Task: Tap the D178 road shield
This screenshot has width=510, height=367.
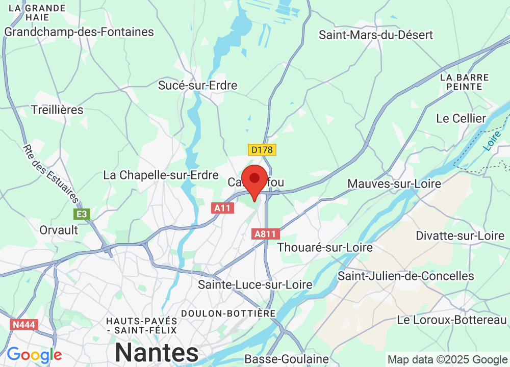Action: tap(262, 150)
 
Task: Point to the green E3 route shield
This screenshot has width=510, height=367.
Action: tap(82, 214)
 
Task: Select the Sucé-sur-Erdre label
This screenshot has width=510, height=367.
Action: tap(198, 85)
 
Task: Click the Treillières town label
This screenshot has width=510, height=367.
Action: tap(57, 110)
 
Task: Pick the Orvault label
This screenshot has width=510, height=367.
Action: tap(59, 230)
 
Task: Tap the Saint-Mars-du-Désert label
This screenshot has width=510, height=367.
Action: tap(376, 35)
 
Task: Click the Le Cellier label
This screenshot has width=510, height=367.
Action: tap(461, 118)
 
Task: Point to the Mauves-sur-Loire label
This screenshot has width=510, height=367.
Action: tap(394, 183)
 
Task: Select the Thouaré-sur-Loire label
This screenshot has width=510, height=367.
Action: tap(325, 247)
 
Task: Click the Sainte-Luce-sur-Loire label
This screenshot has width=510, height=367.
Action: tap(255, 284)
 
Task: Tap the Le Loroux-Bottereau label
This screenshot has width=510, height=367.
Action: tap(452, 320)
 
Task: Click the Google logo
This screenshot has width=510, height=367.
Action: tap(34, 355)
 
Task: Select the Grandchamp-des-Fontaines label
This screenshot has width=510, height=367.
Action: tap(79, 32)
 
